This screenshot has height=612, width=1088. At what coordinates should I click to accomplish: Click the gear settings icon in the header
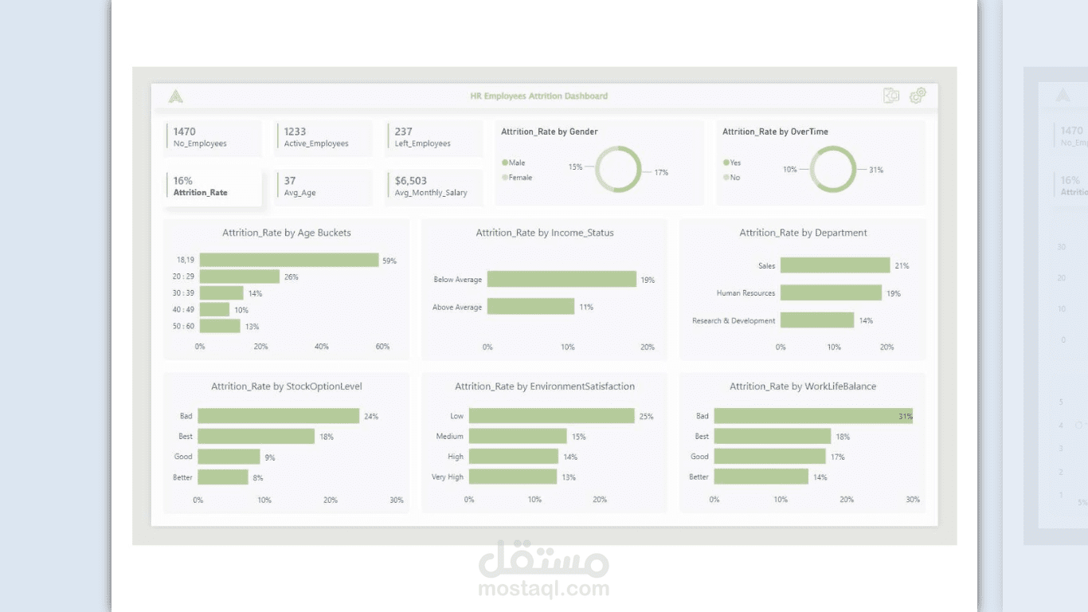(x=918, y=96)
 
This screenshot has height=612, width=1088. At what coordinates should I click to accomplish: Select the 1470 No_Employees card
(x=213, y=137)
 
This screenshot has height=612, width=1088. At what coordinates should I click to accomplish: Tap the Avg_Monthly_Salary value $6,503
(x=411, y=181)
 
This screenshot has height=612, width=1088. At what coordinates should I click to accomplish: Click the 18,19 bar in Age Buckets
(x=288, y=260)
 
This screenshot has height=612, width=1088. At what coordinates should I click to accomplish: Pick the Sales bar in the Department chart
(x=835, y=265)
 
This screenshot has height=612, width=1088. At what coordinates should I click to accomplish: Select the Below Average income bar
(x=562, y=279)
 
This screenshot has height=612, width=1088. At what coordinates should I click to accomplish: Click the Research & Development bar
(x=817, y=320)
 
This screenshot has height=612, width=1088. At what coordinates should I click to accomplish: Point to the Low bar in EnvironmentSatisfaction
(x=551, y=416)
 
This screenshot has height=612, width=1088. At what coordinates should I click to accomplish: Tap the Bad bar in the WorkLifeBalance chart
(x=812, y=416)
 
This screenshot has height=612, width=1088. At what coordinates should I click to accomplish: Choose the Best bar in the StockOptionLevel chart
(x=256, y=437)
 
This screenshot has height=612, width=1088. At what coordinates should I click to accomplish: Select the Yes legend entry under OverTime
(x=732, y=163)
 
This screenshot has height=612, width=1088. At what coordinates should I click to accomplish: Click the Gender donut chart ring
(x=618, y=148)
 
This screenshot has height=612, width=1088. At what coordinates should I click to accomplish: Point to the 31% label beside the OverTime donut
(x=875, y=170)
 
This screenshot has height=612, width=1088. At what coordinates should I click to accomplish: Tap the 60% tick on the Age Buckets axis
(x=382, y=347)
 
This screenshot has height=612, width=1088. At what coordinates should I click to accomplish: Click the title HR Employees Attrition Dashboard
(x=538, y=96)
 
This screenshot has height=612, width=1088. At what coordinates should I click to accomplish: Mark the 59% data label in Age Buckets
(x=389, y=261)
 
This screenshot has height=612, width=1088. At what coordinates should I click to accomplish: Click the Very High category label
(x=448, y=477)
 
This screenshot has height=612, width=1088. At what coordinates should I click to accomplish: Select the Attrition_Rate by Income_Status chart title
(x=545, y=233)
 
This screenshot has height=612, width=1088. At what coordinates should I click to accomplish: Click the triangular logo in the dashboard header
(x=176, y=96)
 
